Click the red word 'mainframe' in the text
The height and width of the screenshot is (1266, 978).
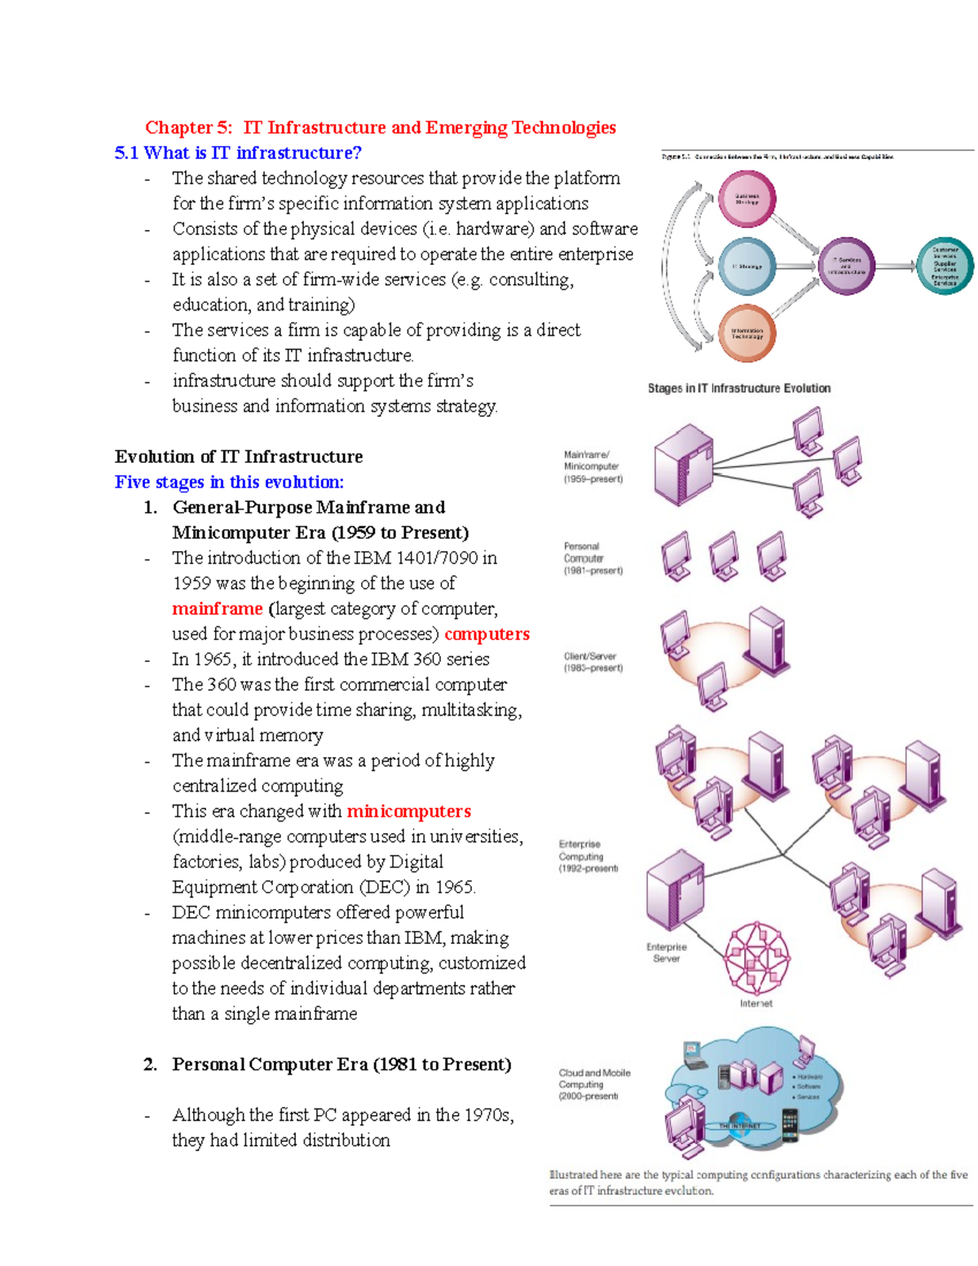coord(217,609)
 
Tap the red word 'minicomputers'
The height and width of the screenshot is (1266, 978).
coord(408,811)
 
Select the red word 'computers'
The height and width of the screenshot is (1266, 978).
coord(487,634)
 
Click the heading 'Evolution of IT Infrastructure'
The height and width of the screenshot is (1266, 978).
coord(239,457)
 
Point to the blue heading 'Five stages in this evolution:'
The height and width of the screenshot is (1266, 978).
coord(229,482)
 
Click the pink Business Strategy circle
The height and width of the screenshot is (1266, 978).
coord(747,199)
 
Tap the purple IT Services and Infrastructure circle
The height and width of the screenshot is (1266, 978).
coord(846,267)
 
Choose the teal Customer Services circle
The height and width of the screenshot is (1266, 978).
coord(945,266)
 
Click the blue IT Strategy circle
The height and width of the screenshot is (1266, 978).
coord(747,267)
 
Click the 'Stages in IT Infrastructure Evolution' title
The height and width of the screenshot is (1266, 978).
coord(739,389)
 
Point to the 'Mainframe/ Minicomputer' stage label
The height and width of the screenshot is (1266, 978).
coord(593,467)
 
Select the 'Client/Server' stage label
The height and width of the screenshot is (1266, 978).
coord(593,662)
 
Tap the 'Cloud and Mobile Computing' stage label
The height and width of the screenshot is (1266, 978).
coord(594,1085)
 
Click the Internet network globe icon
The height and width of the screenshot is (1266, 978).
coord(757,959)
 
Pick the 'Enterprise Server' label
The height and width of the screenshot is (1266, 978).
coord(667,953)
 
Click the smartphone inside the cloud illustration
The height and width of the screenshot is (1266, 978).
coord(789,1126)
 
